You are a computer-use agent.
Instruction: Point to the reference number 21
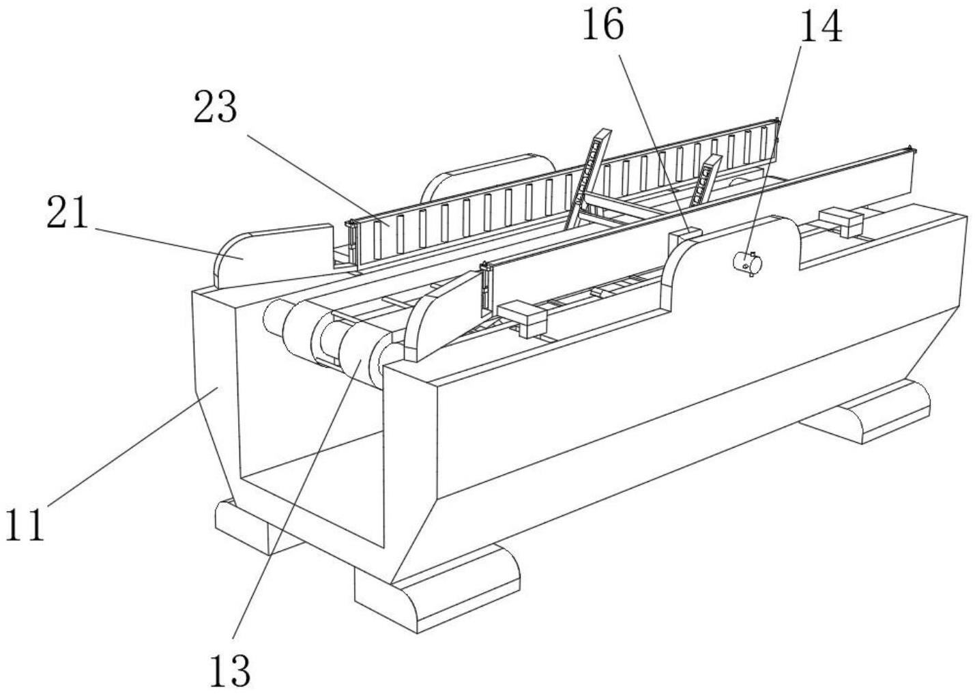pos(68,212)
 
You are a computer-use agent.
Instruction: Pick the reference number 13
pos(230,671)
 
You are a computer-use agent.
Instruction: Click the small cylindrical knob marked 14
pos(747,263)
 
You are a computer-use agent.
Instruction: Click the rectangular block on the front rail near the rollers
pos(523,319)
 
